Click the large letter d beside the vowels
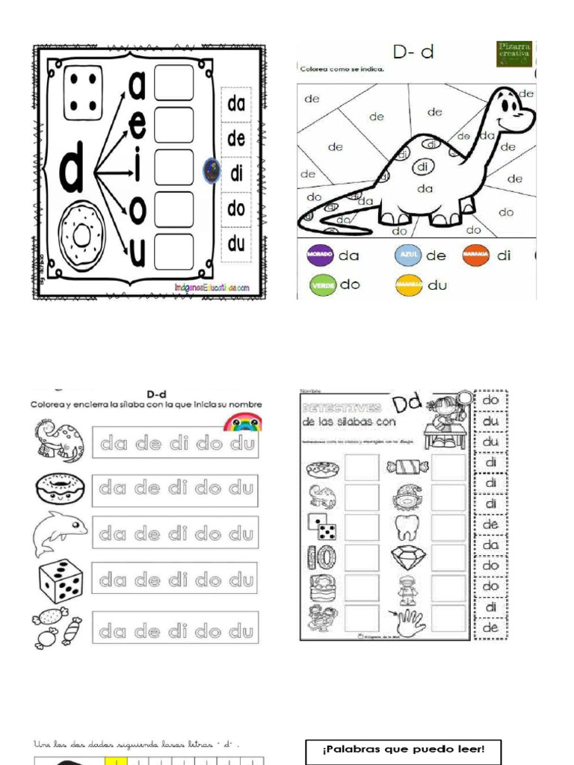pyautogui.click(x=71, y=172)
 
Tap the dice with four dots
pyautogui.click(x=83, y=93)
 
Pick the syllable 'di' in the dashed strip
pyautogui.click(x=237, y=174)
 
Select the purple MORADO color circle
pyautogui.click(x=319, y=255)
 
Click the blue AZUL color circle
pyautogui.click(x=407, y=255)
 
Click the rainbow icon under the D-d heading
pyautogui.click(x=243, y=422)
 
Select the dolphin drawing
pyautogui.click(x=58, y=533)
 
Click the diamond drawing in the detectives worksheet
pyautogui.click(x=408, y=557)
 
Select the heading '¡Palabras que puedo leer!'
pyautogui.click(x=404, y=749)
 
